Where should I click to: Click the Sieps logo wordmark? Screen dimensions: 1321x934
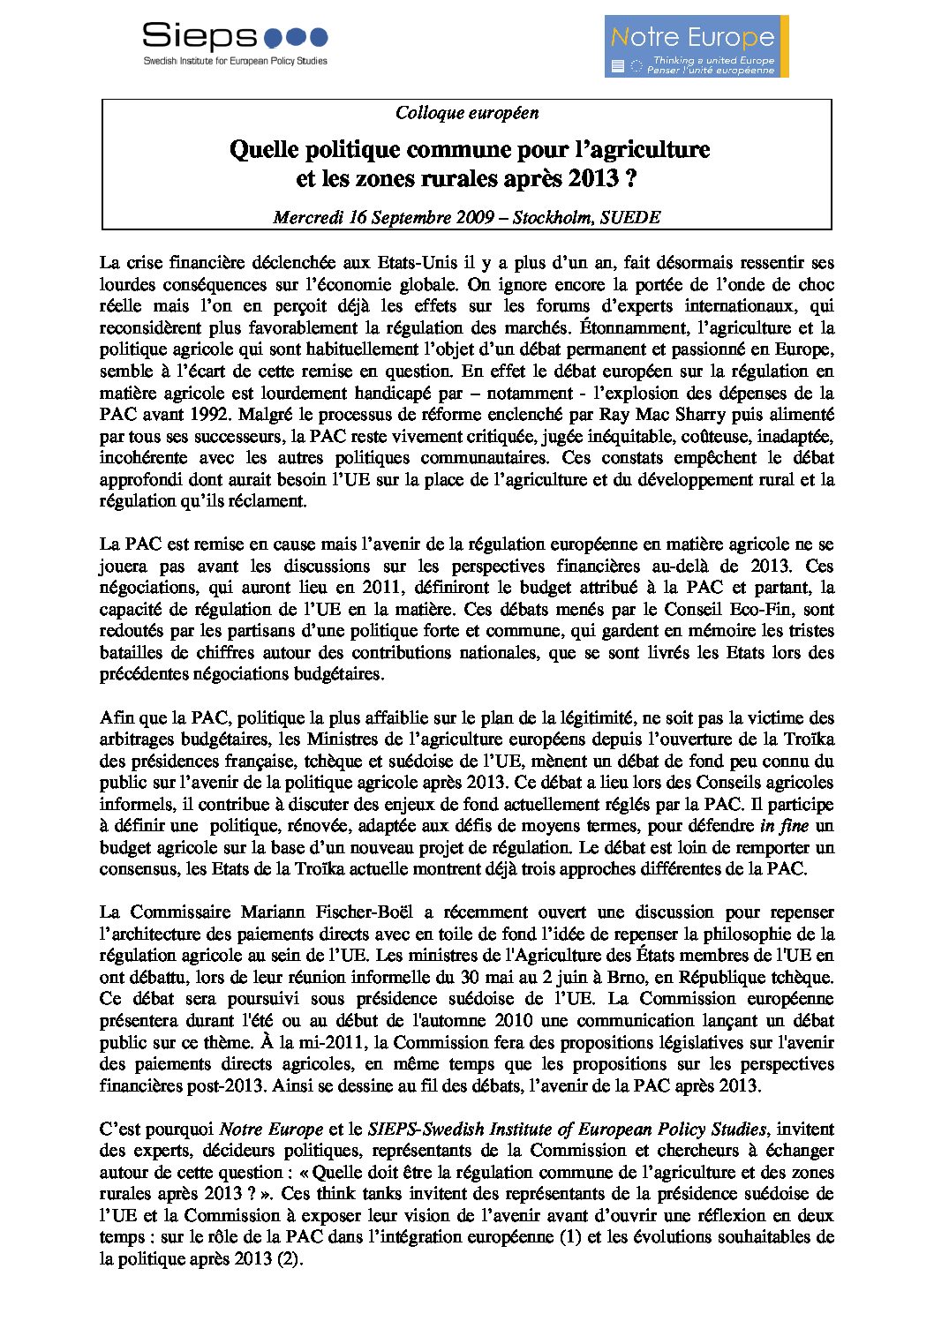pos(199,36)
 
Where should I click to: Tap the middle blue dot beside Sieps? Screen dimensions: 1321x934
pos(297,37)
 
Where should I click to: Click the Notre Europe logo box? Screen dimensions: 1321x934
pos(696,46)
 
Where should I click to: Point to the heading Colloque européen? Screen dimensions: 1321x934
pos(467,113)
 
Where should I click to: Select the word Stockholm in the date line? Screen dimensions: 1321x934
pos(552,217)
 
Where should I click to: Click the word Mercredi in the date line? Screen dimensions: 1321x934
pos(308,217)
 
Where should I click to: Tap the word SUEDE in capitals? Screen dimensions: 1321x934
pos(630,217)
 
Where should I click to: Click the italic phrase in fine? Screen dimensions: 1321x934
pos(781,827)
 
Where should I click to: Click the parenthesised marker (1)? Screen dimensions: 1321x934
pos(569,1237)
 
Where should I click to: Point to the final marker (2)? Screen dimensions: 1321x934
pos(289,1259)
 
